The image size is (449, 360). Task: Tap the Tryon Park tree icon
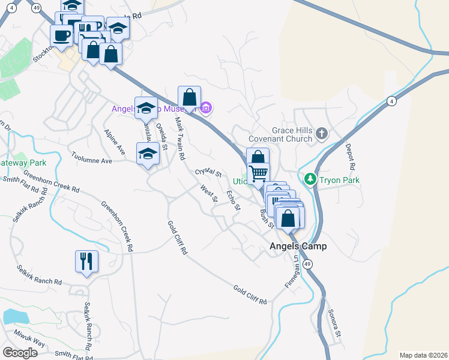pyautogui.click(x=310, y=179)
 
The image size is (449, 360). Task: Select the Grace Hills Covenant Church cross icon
pyautogui.click(x=322, y=133)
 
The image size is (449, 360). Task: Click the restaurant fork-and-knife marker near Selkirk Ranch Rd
pyautogui.click(x=86, y=261)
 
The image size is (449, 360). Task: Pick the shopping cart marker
pyautogui.click(x=259, y=174)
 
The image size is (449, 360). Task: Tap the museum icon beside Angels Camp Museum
pyautogui.click(x=206, y=109)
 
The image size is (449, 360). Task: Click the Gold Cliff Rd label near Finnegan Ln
pyautogui.click(x=250, y=294)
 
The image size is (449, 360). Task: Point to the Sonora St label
pyautogui.click(x=334, y=323)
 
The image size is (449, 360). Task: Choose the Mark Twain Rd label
pyautogui.click(x=179, y=137)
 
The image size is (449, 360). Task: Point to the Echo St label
pyautogui.click(x=234, y=200)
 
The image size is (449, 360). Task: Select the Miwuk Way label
pyautogui.click(x=31, y=341)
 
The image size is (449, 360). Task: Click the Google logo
pyautogui.click(x=20, y=353)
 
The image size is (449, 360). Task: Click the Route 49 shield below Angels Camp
pyautogui.click(x=307, y=264)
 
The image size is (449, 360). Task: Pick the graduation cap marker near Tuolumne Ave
pyautogui.click(x=148, y=154)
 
